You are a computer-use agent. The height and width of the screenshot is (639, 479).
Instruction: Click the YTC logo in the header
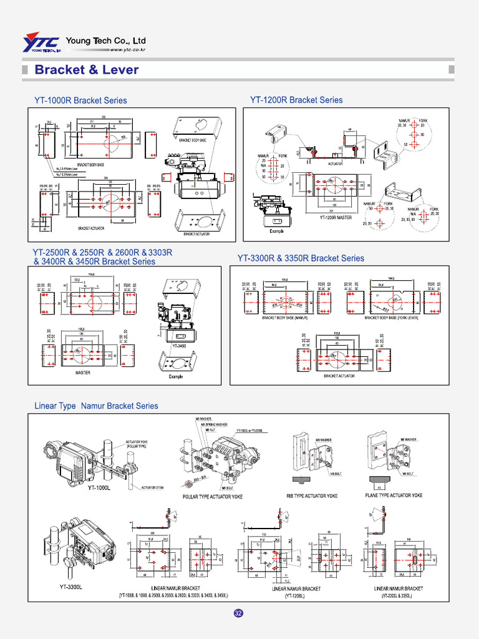click(x=41, y=43)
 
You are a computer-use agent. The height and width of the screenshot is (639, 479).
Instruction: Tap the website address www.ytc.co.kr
click(x=128, y=50)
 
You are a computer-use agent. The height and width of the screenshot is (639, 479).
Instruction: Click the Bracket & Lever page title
click(x=87, y=69)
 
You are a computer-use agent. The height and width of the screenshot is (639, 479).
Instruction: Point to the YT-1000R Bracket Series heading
click(x=80, y=100)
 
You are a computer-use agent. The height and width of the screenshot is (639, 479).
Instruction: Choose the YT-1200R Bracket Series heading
click(x=296, y=100)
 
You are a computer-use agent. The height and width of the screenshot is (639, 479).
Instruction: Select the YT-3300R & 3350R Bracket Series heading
click(x=301, y=258)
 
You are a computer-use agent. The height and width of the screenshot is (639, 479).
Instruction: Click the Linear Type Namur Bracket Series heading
click(x=96, y=406)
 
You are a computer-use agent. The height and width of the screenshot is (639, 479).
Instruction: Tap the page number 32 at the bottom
click(x=238, y=613)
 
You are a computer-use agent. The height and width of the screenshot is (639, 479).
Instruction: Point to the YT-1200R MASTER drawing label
click(x=336, y=218)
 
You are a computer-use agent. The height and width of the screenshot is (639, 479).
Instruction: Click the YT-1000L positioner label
click(x=99, y=489)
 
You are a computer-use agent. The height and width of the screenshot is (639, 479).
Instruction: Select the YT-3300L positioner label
click(x=70, y=587)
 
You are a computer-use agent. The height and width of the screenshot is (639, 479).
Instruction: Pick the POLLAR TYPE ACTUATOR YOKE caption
click(x=213, y=497)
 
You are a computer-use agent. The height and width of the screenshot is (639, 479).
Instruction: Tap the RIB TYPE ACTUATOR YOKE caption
click(x=312, y=496)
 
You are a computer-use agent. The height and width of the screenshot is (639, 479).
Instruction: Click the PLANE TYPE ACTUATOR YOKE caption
click(x=394, y=495)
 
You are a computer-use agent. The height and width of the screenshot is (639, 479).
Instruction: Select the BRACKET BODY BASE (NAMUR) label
click(x=289, y=318)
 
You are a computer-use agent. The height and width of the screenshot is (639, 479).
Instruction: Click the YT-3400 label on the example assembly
click(x=178, y=345)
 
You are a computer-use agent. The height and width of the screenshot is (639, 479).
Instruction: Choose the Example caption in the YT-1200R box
click(x=276, y=231)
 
